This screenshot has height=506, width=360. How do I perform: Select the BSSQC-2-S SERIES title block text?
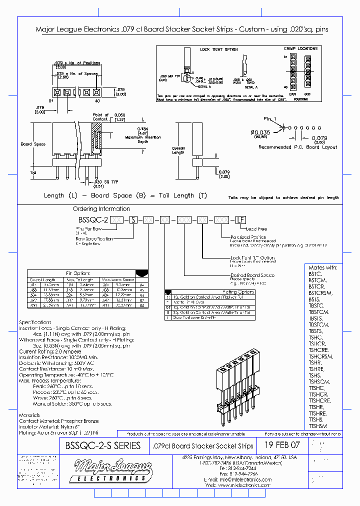pos(103,445)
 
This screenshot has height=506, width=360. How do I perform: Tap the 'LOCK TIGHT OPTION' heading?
pos(219,49)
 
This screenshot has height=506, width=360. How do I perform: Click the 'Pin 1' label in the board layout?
pos(270,118)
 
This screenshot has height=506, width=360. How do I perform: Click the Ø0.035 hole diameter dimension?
pos(260,132)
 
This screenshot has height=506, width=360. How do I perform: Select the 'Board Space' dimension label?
pos(33,144)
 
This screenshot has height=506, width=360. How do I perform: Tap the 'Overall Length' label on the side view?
pos(178,150)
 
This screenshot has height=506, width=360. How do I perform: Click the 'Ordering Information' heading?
pos(101,209)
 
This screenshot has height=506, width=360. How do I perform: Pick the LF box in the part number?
pos(240,219)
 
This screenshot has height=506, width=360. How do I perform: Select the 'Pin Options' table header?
pos(77,273)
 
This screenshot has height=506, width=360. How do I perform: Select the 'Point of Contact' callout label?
pos(100,117)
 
